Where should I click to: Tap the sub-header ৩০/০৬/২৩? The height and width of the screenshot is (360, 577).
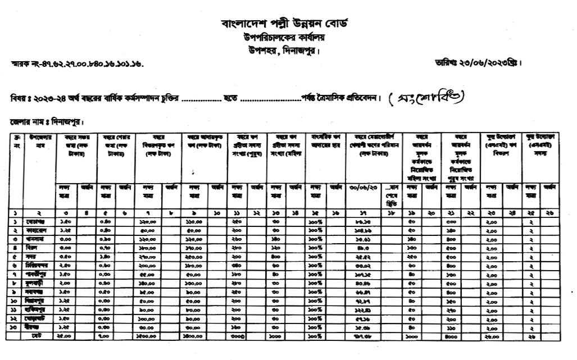point(366,187)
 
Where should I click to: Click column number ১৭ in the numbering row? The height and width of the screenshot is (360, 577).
point(366,214)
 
